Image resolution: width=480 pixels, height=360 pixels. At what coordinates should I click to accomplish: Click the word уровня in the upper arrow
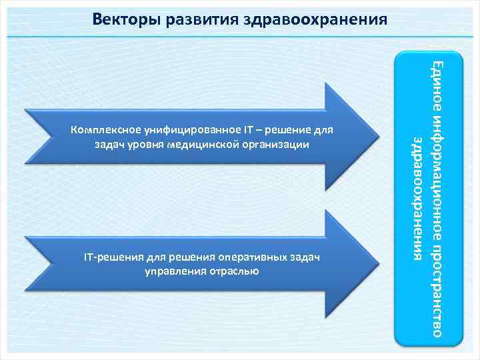146,143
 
